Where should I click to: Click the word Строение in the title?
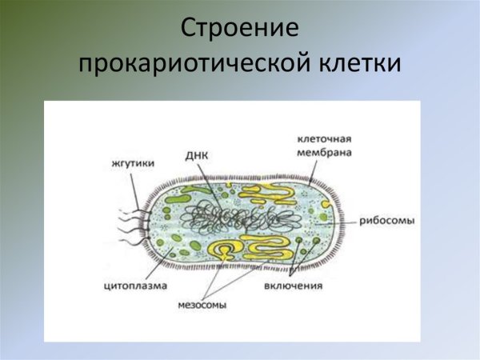tap(240, 29)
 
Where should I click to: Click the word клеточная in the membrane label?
tap(323, 139)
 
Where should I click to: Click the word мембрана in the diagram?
tap(323, 152)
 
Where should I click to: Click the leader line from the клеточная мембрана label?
tap(314, 171)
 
